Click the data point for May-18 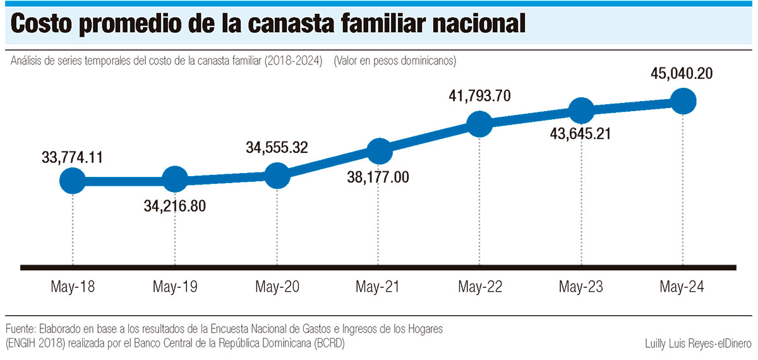(x=73, y=181)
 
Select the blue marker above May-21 (x=378, y=150)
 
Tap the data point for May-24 (x=683, y=101)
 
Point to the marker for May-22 (x=480, y=124)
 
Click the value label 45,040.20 (x=682, y=74)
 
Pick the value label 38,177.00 (x=378, y=177)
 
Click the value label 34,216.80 (x=175, y=206)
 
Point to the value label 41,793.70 (x=480, y=97)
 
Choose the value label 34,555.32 (x=277, y=148)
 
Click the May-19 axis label (x=175, y=287)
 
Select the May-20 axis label (x=277, y=287)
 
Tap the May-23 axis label (x=581, y=287)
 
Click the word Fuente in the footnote (x=20, y=330)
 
